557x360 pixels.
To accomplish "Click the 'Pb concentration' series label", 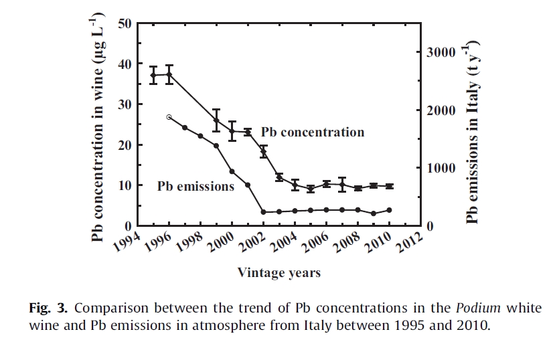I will tap(313, 132).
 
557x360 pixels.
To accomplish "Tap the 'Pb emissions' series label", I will tap(195, 186).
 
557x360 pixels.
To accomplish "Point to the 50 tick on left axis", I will tap(125, 23).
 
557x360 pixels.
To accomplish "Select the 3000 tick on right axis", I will tap(442, 52).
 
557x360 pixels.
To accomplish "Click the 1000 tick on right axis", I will tap(442, 169).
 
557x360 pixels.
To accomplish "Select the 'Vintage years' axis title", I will tap(278, 272).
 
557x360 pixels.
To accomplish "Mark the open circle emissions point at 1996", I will tap(169, 117).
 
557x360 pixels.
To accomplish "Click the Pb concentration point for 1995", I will tap(153, 75).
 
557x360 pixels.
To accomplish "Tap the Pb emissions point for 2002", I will tap(263, 212).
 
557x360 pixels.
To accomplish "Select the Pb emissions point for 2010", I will tap(389, 210).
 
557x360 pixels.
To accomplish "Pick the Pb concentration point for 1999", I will tap(216, 120).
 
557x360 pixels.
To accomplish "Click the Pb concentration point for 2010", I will tap(389, 186).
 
